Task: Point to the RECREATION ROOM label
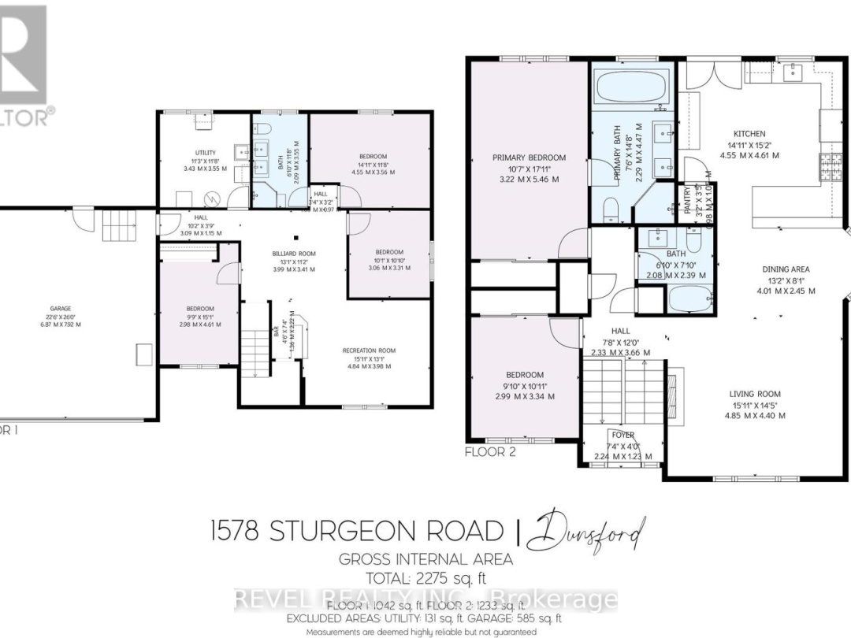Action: coord(369,351)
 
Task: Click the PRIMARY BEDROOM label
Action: coord(529,158)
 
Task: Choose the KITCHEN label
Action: coord(749,134)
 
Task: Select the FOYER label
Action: coord(622,435)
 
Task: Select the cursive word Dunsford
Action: coord(586,532)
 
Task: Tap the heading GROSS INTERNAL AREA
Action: coord(425,560)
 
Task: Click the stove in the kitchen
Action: coord(831,168)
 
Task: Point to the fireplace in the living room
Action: coord(672,391)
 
